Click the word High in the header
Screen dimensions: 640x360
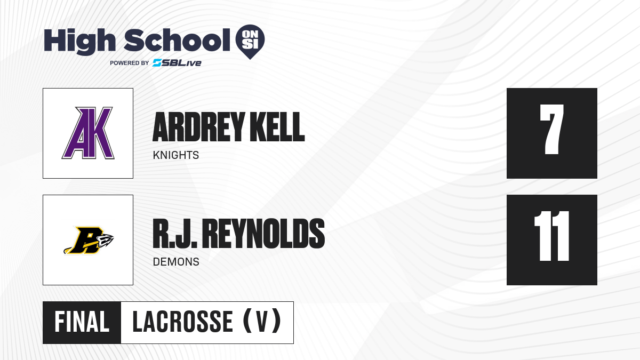[79, 41]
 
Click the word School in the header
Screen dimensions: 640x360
[177, 40]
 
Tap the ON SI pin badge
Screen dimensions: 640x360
[250, 42]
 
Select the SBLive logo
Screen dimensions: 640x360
[177, 63]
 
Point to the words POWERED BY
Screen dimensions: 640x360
[129, 63]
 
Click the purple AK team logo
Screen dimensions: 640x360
[88, 133]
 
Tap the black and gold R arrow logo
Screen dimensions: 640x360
[89, 241]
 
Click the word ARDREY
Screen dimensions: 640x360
[198, 127]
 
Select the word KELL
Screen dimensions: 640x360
[277, 127]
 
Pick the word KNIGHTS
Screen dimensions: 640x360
[175, 155]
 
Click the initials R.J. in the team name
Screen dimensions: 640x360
[175, 234]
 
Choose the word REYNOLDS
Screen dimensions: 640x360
[263, 234]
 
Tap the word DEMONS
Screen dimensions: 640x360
[176, 262]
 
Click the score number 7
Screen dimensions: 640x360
[551, 129]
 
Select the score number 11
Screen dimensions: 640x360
[551, 236]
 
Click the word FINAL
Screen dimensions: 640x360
[82, 322]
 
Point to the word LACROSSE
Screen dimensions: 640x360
[183, 322]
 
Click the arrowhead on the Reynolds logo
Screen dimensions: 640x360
[106, 240]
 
